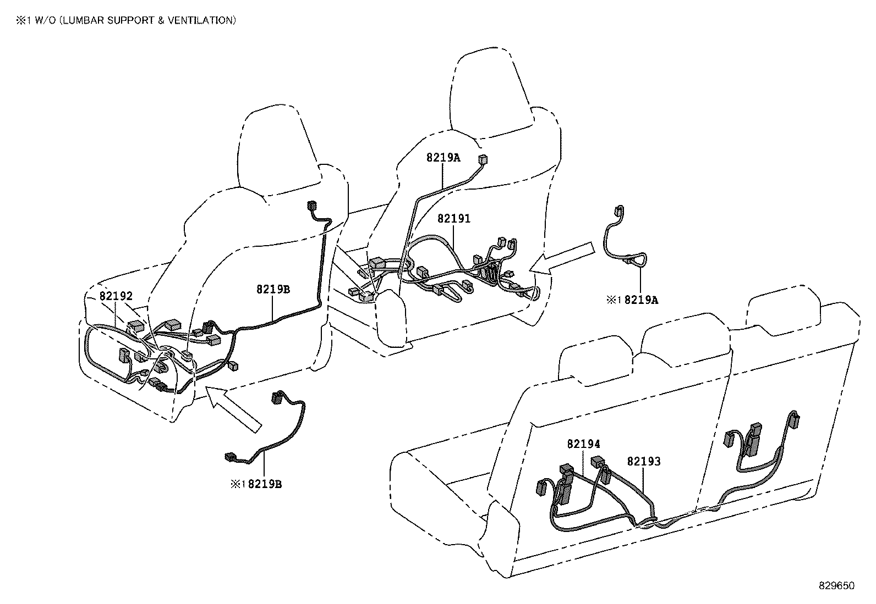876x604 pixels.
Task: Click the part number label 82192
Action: (116, 296)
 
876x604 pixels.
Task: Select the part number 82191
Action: (454, 218)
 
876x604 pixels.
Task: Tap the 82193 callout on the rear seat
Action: (643, 461)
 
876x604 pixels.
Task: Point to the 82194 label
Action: (583, 444)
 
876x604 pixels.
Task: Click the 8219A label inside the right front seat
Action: (442, 157)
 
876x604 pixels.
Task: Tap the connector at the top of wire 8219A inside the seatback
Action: (484, 159)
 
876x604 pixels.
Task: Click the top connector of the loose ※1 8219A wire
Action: (618, 210)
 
